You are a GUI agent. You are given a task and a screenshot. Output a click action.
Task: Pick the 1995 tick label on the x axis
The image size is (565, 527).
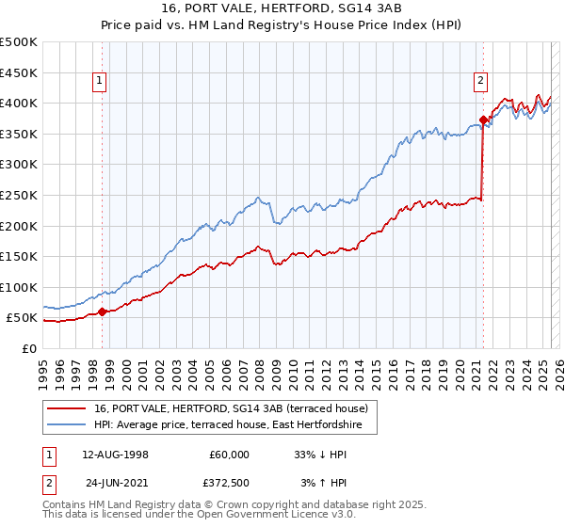43,367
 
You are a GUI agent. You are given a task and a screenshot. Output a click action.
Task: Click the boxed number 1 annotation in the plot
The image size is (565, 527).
100,81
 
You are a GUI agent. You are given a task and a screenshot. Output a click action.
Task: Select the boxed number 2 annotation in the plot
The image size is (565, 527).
480,81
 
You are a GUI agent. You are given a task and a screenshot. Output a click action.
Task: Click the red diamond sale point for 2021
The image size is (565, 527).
483,120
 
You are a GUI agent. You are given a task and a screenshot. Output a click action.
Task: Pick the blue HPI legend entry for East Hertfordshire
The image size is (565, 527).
234,425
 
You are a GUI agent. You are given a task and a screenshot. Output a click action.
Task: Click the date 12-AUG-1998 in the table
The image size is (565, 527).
116,454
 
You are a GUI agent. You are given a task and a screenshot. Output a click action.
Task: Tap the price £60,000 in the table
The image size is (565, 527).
229,454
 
